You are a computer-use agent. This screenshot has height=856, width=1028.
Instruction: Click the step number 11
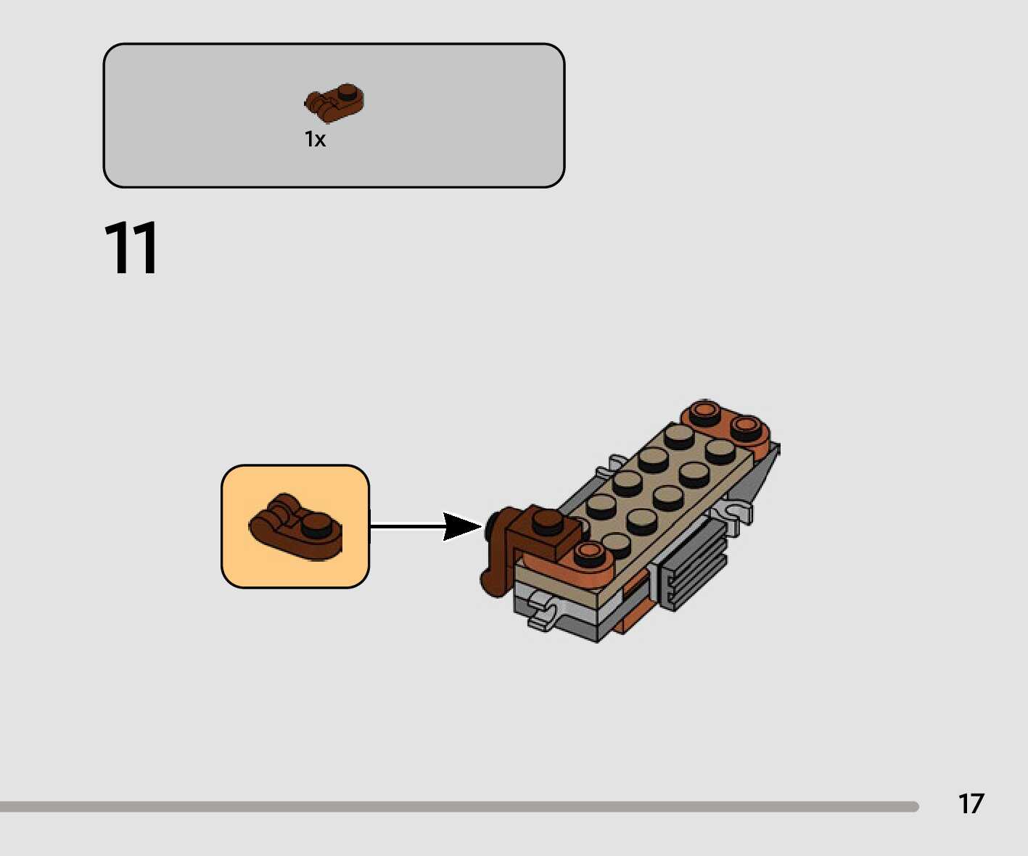131,249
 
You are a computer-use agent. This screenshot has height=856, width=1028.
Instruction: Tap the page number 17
971,804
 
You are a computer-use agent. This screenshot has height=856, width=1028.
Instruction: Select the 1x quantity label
315,139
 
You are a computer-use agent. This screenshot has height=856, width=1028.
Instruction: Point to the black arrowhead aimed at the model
461,527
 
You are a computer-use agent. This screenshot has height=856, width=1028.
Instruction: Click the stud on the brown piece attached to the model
547,520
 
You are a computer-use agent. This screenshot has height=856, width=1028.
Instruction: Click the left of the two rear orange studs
703,412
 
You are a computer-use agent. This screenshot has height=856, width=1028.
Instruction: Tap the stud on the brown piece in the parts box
350,94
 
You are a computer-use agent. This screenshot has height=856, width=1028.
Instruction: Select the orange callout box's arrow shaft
406,527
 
